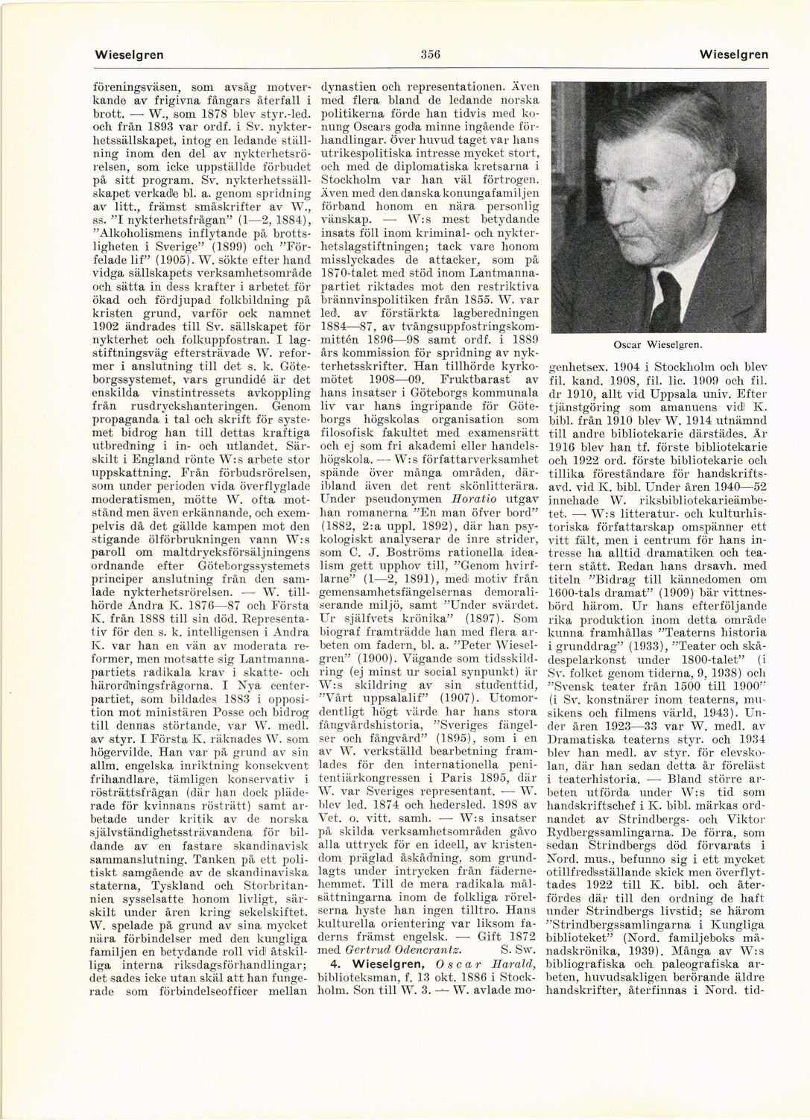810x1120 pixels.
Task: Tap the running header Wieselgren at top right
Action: coord(733,54)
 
